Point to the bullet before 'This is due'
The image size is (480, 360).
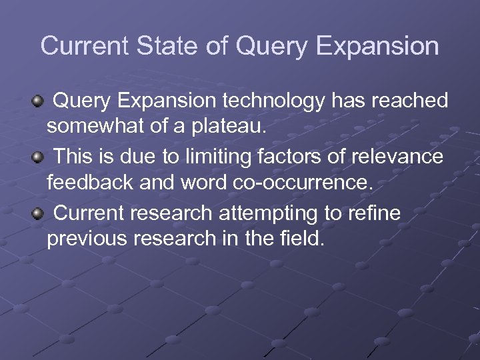[38, 157]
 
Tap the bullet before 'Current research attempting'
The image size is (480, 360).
[38, 213]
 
